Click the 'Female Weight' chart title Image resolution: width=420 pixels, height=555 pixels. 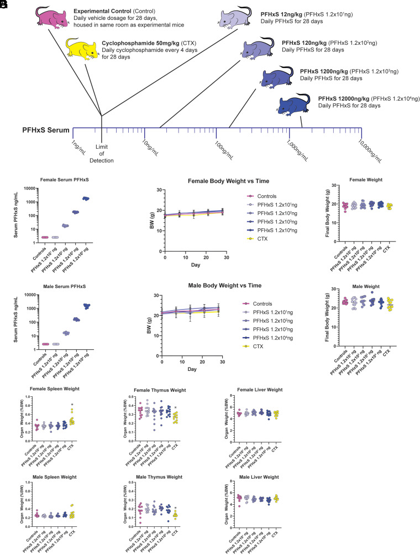click(360, 180)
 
